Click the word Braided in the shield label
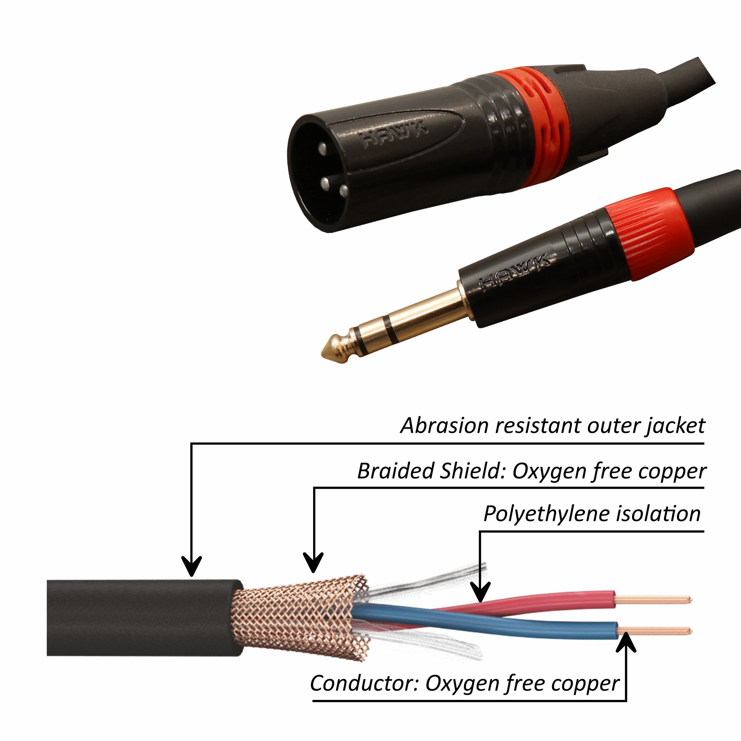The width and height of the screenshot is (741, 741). click(x=395, y=471)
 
